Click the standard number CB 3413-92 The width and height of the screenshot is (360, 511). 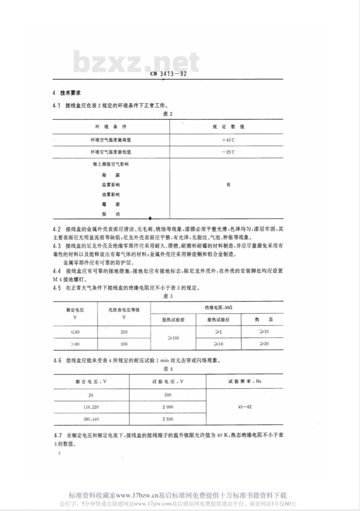[168, 75]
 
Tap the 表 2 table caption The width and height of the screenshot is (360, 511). [168, 114]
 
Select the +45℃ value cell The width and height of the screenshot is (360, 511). [228, 140]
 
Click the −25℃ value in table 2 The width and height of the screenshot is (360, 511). [228, 152]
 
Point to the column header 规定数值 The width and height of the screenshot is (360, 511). [228, 127]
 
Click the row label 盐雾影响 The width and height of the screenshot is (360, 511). [111, 185]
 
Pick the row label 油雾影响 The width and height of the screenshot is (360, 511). [111, 194]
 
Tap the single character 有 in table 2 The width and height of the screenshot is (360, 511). [228, 185]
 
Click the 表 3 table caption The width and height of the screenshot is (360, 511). [168, 296]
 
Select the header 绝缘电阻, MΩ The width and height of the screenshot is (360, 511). [218, 308]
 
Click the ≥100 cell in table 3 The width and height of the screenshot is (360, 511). [173, 338]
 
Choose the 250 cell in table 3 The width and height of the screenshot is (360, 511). [124, 332]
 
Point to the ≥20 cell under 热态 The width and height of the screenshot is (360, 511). [264, 344]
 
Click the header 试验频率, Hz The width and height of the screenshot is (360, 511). [245, 381]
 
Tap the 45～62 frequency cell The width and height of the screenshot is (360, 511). [245, 407]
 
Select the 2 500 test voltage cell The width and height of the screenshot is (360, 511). [168, 419]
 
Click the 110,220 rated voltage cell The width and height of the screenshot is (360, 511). [91, 407]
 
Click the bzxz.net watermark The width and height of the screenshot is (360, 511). [136, 62]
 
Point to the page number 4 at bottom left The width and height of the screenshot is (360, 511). [59, 453]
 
